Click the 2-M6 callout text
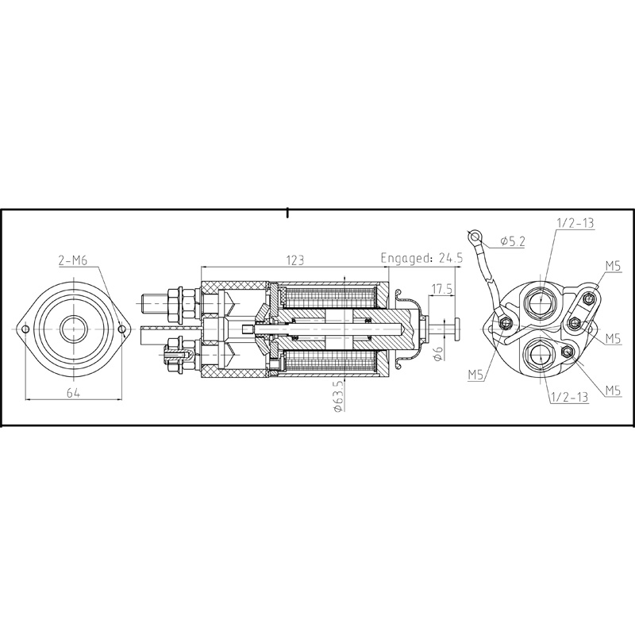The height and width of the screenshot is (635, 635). pos(73,261)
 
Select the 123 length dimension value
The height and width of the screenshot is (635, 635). pos(295,260)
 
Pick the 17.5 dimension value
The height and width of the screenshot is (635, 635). pos(442,289)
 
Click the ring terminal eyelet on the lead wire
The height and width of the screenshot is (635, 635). pos(475,235)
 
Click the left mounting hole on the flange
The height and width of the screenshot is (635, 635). pos(25,329)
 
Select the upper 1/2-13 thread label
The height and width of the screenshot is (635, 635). pos(575,224)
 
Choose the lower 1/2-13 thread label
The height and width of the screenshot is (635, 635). pos(568,398)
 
